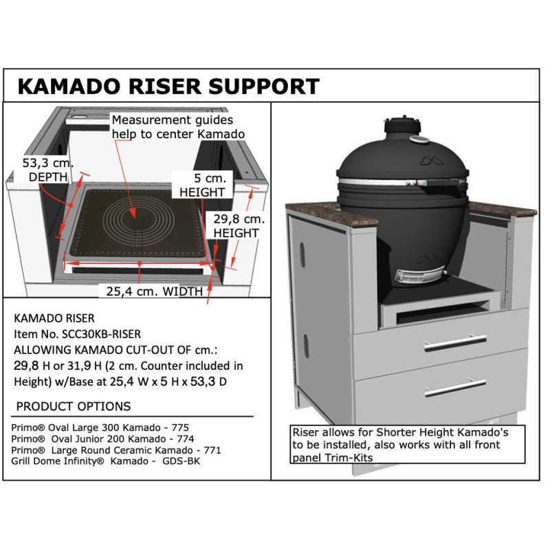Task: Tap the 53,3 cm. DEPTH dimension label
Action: tap(47, 170)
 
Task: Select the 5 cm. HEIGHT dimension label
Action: tap(203, 185)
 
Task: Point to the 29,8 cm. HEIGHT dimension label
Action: tap(239, 225)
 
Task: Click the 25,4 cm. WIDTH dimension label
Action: tap(154, 291)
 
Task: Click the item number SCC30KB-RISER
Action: tap(101, 334)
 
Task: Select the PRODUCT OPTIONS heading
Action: tap(74, 406)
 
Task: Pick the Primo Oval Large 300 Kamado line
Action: tap(100, 428)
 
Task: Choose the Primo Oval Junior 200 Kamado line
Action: tap(102, 439)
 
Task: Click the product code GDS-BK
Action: tap(181, 461)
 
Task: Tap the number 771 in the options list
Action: tap(212, 450)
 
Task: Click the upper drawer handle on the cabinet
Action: tap(455, 342)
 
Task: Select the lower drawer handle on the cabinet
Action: tap(455, 387)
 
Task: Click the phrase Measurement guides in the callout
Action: tap(173, 120)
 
